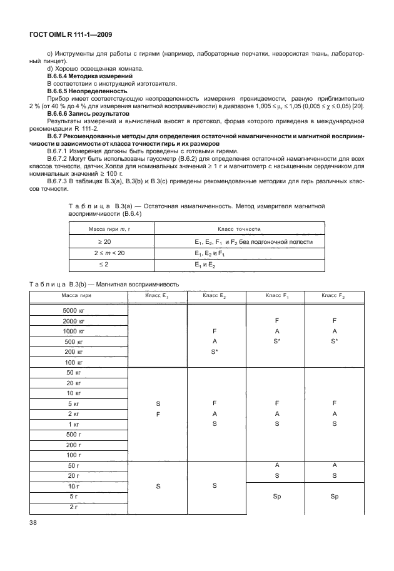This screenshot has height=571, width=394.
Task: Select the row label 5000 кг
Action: click(x=74, y=311)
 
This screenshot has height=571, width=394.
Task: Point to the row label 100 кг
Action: click(x=74, y=363)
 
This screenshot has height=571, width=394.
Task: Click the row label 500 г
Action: click(x=74, y=435)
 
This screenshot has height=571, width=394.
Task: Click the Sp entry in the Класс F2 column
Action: click(x=335, y=497)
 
